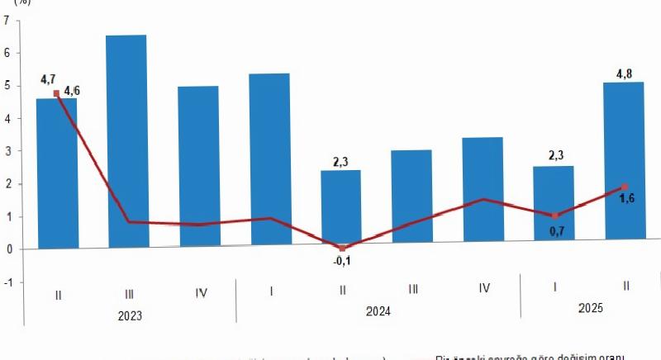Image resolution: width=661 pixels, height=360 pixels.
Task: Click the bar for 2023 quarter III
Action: (x=129, y=140)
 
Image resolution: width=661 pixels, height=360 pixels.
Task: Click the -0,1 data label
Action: (x=341, y=263)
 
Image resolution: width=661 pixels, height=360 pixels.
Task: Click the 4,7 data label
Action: (x=48, y=80)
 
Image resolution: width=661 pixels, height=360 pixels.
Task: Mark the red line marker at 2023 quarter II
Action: (x=56, y=93)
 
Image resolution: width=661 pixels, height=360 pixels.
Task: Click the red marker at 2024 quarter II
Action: (x=342, y=248)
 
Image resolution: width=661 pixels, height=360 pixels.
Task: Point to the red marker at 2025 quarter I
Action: (x=554, y=216)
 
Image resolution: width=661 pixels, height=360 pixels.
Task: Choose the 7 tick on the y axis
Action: (x=7, y=21)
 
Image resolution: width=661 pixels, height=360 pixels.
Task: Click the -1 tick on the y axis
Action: (x=8, y=282)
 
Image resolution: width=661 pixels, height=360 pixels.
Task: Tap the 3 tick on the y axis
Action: (x=7, y=151)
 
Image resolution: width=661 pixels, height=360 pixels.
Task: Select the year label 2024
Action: (x=377, y=311)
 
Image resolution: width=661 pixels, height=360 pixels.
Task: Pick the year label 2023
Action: (x=129, y=315)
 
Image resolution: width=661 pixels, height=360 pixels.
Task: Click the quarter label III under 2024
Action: (x=412, y=289)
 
